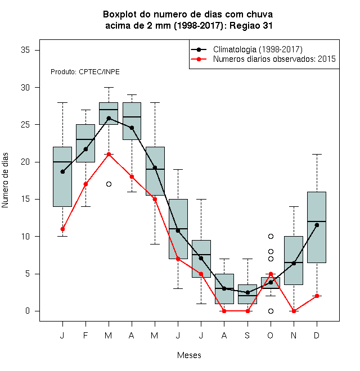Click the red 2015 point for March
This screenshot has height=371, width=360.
(x=109, y=154)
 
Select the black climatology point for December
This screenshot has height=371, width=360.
(x=317, y=225)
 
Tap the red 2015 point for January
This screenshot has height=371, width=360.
(x=62, y=229)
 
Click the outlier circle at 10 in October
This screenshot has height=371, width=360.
(x=271, y=236)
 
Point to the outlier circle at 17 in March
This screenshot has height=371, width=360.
(x=109, y=184)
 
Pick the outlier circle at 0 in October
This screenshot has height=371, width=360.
(x=271, y=311)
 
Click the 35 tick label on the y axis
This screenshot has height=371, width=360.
(x=25, y=50)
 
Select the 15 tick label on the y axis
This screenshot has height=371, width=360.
(x=25, y=199)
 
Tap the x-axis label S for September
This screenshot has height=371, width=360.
(x=247, y=335)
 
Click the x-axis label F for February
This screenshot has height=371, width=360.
(x=85, y=335)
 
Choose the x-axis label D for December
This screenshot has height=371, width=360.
(x=317, y=335)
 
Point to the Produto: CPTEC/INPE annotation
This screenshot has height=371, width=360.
(x=85, y=72)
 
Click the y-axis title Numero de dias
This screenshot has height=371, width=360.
(x=5, y=180)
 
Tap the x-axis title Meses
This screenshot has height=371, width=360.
(x=189, y=355)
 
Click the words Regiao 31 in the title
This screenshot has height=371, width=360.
(x=251, y=25)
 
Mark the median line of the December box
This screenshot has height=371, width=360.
(x=317, y=221)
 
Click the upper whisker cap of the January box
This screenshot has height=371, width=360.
(x=62, y=103)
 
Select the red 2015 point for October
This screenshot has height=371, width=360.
(x=271, y=274)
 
